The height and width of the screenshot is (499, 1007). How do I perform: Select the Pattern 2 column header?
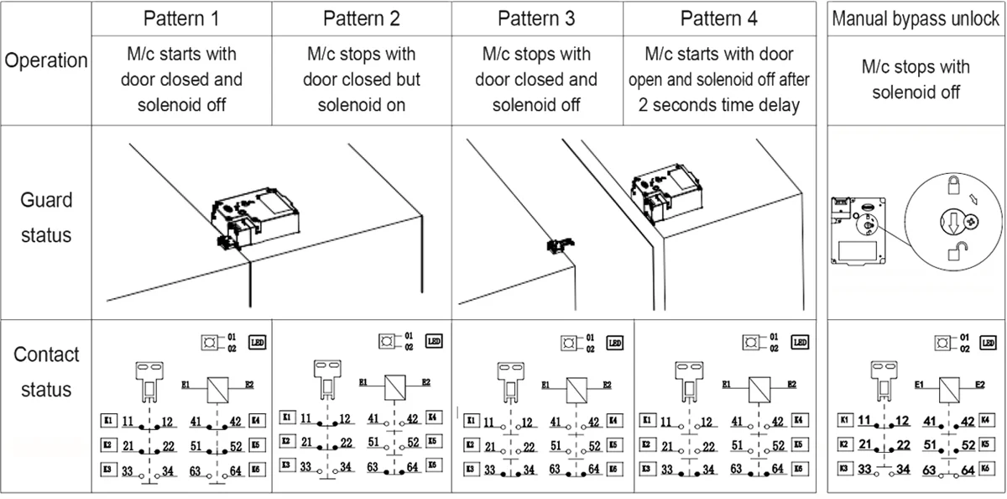(361, 18)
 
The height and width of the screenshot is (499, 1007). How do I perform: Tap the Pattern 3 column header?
(537, 18)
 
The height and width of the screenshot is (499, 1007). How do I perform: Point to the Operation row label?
(47, 61)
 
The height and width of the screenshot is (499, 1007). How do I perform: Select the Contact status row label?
(47, 372)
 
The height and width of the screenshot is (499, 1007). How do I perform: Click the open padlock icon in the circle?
(955, 252)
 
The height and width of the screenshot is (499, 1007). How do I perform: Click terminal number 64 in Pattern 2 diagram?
(413, 466)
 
